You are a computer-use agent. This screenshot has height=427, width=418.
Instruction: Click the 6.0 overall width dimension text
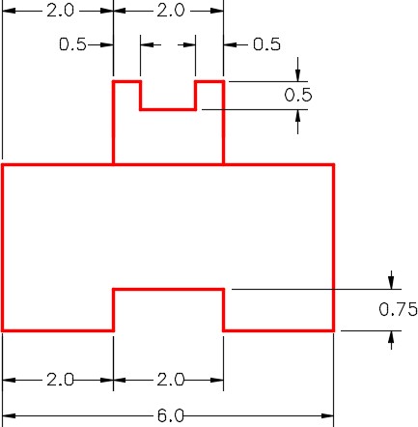[171, 415]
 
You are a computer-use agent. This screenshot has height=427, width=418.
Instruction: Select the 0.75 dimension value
[398, 309]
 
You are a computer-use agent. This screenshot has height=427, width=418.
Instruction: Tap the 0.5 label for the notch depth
[298, 96]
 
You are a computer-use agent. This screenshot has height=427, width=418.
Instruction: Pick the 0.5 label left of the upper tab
[72, 44]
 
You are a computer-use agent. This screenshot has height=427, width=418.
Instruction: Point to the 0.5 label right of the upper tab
[266, 44]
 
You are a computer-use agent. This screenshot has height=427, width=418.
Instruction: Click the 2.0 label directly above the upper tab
[171, 11]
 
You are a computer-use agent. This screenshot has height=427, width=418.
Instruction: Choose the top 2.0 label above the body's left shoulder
[60, 11]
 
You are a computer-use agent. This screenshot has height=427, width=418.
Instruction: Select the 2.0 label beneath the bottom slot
[171, 380]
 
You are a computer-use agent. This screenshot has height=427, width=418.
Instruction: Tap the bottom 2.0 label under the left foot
[60, 380]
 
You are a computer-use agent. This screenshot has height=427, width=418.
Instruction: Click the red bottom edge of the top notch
[168, 109]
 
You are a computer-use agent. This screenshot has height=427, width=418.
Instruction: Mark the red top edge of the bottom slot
[168, 289]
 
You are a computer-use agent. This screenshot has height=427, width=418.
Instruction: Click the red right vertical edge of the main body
[334, 247]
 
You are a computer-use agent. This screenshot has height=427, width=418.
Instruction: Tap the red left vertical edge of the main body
[3, 247]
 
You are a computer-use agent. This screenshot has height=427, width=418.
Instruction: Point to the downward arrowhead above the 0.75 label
[391, 282]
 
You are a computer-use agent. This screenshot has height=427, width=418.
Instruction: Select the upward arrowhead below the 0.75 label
[391, 337]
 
